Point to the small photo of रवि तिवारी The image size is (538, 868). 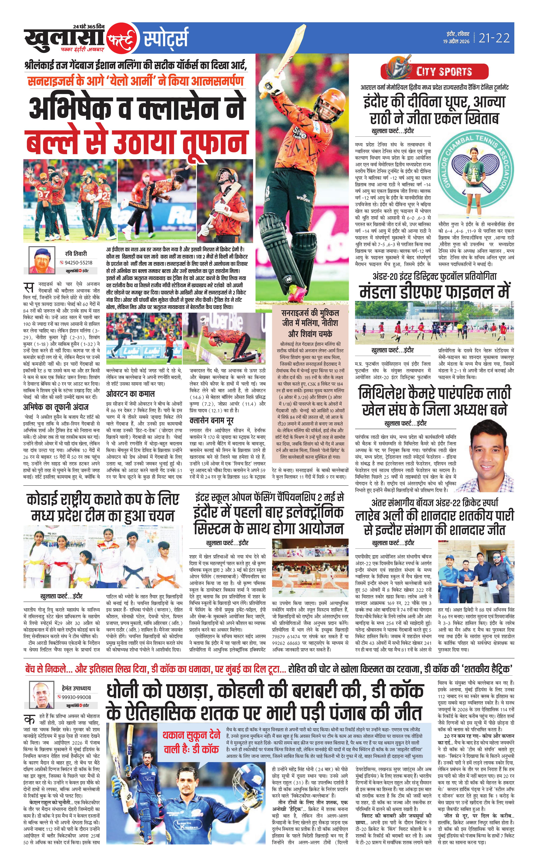[x=42, y=260]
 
